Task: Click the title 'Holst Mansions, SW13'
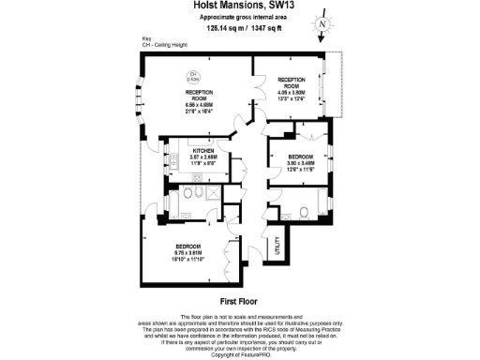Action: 239,7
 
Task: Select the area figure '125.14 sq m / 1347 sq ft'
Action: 239,28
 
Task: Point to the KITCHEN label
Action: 205,151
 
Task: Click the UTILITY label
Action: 277,247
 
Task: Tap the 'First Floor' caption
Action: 239,303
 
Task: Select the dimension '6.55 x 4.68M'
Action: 188,103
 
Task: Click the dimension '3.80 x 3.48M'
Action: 299,162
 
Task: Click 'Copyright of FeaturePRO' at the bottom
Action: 239,355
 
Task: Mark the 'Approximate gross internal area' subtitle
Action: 239,18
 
